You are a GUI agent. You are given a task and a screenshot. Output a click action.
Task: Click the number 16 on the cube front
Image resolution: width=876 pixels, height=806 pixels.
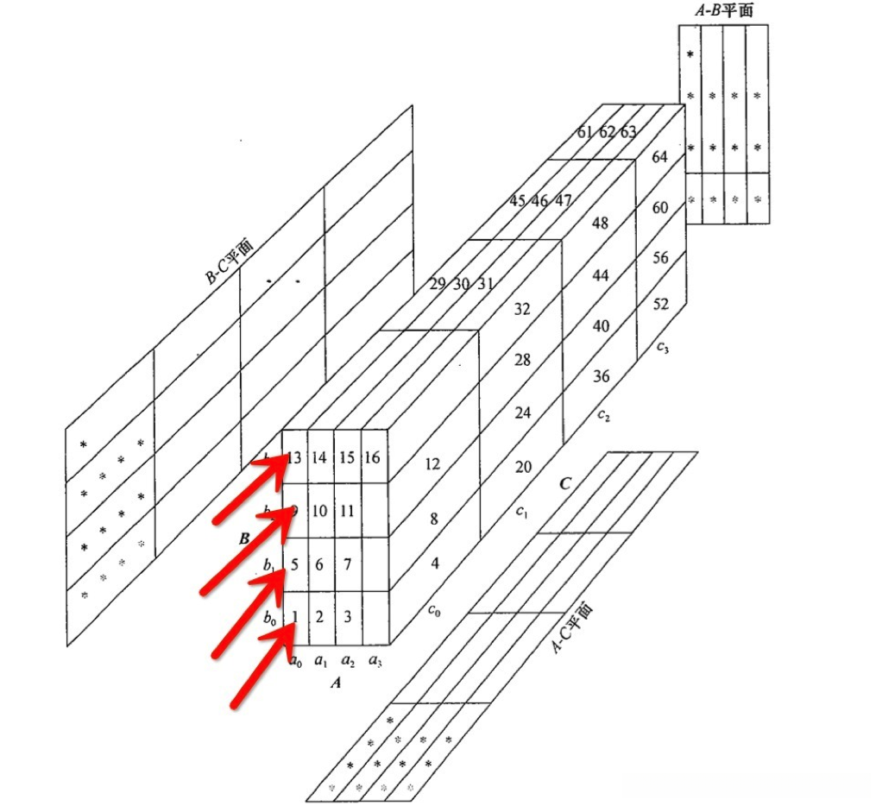pyautogui.click(x=373, y=457)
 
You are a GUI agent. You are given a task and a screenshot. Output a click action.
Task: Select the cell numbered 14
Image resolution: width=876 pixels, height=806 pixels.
pyautogui.click(x=319, y=457)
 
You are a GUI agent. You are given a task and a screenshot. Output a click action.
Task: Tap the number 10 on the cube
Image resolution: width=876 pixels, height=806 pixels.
pyautogui.click(x=319, y=510)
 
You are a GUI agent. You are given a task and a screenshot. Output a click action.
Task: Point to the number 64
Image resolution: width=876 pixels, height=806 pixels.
pyautogui.click(x=660, y=157)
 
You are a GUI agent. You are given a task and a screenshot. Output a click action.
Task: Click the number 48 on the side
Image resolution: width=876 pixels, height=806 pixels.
pyautogui.click(x=601, y=223)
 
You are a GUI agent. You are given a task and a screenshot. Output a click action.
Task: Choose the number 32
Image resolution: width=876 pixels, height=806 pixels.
pyautogui.click(x=522, y=308)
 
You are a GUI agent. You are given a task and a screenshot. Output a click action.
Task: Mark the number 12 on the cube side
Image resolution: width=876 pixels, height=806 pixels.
pyautogui.click(x=433, y=464)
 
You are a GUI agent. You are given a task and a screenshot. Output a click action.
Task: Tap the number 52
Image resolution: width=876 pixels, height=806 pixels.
pyautogui.click(x=660, y=304)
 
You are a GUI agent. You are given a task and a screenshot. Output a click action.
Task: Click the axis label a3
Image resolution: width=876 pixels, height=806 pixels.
pyautogui.click(x=375, y=662)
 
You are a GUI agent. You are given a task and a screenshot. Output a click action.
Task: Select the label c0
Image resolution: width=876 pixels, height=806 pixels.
pyautogui.click(x=434, y=609)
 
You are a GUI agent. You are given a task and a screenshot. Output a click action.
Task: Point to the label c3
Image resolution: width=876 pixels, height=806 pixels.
pyautogui.click(x=662, y=348)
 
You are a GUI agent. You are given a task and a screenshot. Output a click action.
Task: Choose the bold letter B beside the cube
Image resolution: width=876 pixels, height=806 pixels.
pyautogui.click(x=244, y=538)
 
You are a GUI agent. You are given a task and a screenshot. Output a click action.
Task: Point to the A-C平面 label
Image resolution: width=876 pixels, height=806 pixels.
pyautogui.click(x=573, y=628)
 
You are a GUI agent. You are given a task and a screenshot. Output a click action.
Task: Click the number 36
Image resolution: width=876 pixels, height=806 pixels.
pyautogui.click(x=601, y=376)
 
